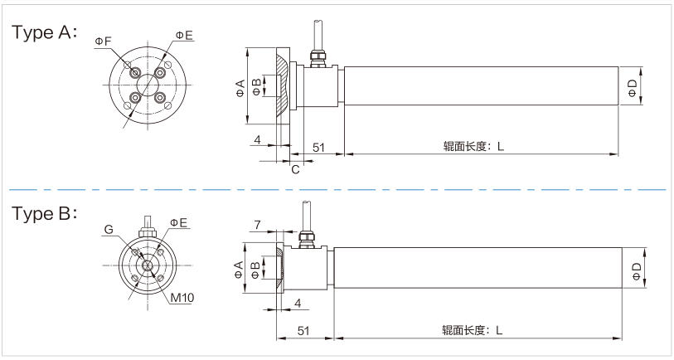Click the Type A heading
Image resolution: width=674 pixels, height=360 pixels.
coord(45,32)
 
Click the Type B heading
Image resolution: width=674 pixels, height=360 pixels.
coord(45,214)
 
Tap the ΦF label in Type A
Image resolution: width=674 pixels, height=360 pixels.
coord(103,41)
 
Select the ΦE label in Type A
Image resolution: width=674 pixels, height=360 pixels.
coord(184,36)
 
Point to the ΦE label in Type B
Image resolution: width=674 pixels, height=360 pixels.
coord(178,222)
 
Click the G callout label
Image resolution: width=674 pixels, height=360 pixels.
coord(109,230)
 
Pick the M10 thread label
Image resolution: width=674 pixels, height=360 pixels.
coord(182,297)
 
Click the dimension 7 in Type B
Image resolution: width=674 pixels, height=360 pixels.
coord(257,225)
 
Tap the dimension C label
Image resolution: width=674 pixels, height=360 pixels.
coord(295,169)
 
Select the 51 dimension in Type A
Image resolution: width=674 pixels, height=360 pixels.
coord(318,148)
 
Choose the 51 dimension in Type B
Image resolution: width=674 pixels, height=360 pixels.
coord(303,330)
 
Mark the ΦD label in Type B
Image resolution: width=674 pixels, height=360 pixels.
coord(637,271)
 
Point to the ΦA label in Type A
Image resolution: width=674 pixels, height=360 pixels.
coord(240,88)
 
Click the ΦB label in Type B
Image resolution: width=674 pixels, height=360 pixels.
coord(255,270)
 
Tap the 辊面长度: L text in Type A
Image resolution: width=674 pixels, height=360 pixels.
coord(473,146)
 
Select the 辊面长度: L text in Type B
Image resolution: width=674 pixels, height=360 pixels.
coord(472,330)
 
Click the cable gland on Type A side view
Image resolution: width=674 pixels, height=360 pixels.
coord(317,59)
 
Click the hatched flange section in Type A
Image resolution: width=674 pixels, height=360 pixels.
coord(281,85)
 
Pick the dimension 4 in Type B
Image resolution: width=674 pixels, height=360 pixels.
coord(298,304)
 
